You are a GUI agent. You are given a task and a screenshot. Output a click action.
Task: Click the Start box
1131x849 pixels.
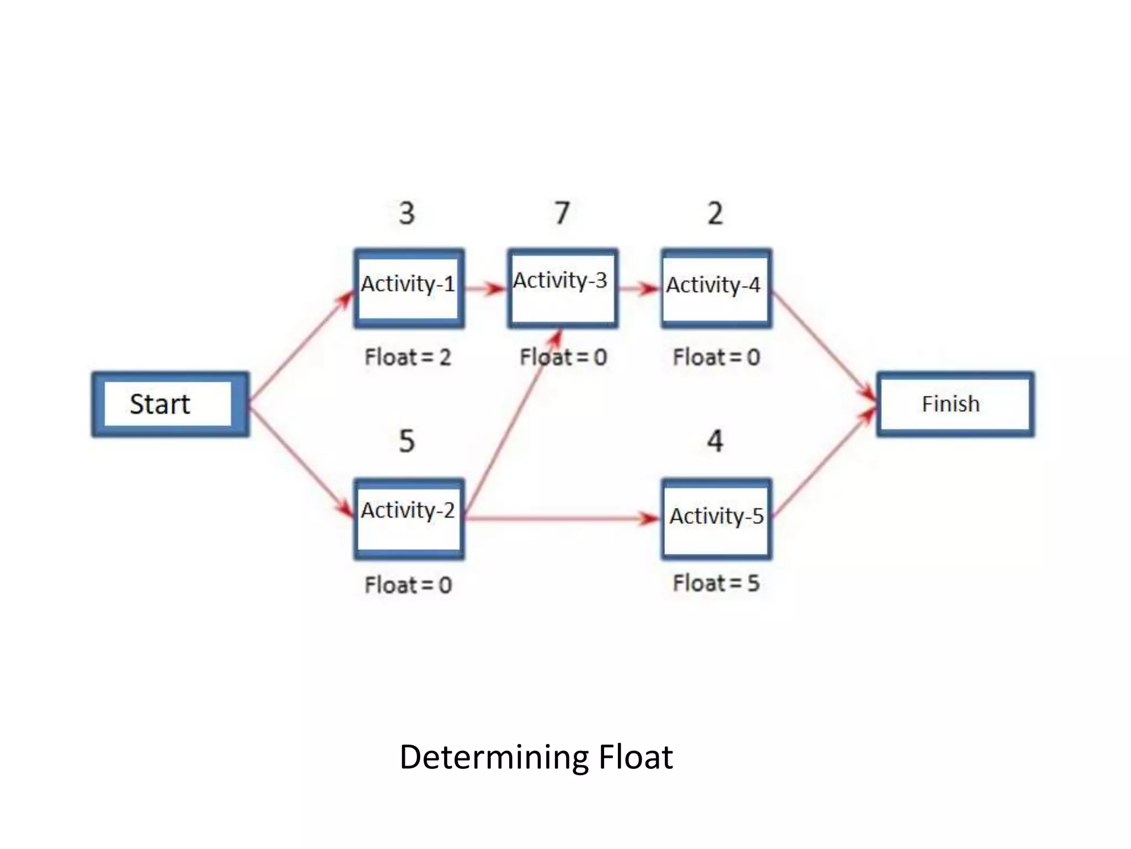pyautogui.click(x=170, y=405)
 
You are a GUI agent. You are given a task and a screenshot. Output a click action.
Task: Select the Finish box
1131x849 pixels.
pyautogui.click(x=955, y=405)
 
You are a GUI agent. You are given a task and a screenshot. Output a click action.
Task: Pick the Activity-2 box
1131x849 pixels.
pyautogui.click(x=409, y=519)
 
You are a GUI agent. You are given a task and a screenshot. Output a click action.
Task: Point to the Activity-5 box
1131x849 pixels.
pyautogui.click(x=716, y=519)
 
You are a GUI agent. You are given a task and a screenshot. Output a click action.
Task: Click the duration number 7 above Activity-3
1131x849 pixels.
pyautogui.click(x=562, y=213)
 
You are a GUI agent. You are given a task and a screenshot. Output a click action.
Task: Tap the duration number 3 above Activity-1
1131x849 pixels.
pyautogui.click(x=407, y=213)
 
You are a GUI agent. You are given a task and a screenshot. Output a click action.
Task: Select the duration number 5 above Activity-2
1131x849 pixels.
pyautogui.click(x=407, y=441)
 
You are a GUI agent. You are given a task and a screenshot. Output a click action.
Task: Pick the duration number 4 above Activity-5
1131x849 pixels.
pyautogui.click(x=715, y=441)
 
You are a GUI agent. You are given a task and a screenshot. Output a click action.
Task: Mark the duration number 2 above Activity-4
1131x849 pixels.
pyautogui.click(x=715, y=213)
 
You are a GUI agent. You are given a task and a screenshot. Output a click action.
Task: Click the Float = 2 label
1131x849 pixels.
pyautogui.click(x=408, y=357)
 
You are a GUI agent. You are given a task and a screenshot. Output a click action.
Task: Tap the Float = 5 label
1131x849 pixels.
pyautogui.click(x=716, y=583)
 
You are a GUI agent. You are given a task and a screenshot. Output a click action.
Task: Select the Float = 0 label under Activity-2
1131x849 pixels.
pyautogui.click(x=408, y=585)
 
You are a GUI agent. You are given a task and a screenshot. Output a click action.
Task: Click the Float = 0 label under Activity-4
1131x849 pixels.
pyautogui.click(x=716, y=357)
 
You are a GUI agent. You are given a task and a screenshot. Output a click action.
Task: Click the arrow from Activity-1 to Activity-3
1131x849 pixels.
pyautogui.click(x=485, y=289)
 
